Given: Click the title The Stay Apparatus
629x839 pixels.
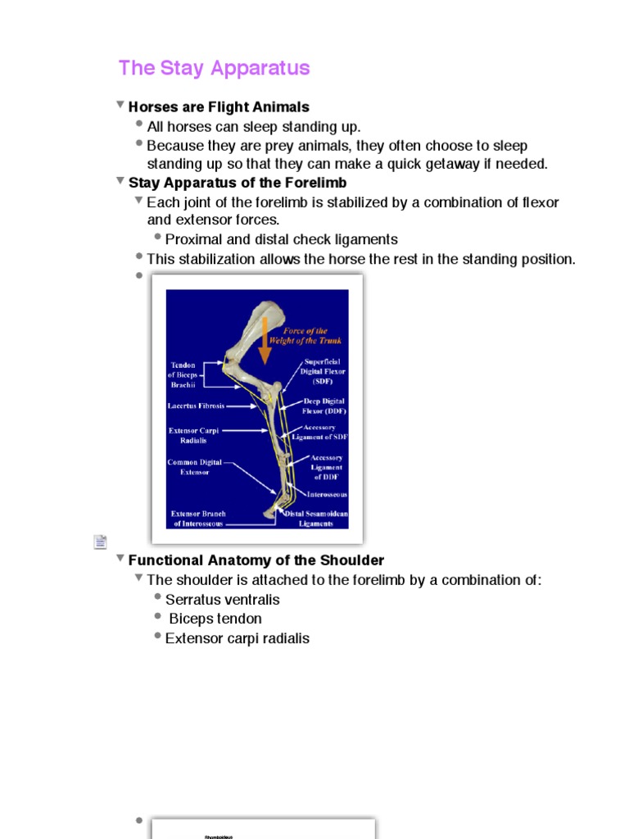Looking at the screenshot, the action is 214,68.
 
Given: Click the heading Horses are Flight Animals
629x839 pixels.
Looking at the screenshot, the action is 219,107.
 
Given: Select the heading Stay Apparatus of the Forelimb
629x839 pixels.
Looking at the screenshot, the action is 238,183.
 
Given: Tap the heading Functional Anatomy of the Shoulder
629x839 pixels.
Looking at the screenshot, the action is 256,560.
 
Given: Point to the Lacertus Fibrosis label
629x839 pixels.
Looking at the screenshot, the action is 196,406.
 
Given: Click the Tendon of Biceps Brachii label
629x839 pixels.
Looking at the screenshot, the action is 183,374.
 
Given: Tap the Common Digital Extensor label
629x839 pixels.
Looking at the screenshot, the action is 193,467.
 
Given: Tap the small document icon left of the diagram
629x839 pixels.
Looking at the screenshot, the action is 100,542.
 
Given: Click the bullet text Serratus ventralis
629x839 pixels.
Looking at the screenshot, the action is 223,600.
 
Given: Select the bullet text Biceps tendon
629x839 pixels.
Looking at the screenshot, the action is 215,619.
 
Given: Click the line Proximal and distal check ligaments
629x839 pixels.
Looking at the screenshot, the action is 281,239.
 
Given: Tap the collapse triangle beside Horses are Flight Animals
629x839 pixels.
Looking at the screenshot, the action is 120,106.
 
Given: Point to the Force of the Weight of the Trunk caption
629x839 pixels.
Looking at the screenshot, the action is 305,336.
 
